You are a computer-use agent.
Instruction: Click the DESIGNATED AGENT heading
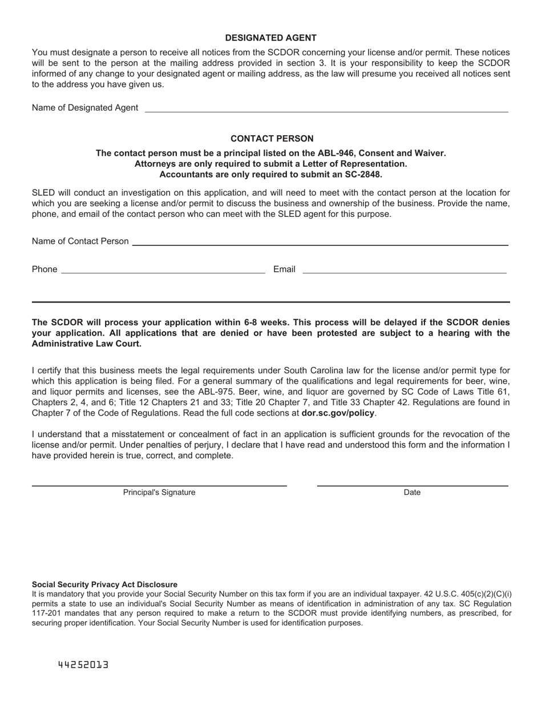270,38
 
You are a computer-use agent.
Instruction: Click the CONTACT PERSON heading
272,139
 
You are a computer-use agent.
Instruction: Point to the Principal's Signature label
159,493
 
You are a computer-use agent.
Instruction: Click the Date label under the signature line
412,493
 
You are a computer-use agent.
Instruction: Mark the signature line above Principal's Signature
159,486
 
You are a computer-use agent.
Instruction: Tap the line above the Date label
412,486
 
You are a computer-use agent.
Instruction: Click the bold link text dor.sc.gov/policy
338,413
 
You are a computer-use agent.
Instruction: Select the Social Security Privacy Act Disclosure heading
104,584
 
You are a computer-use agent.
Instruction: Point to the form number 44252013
83,665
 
